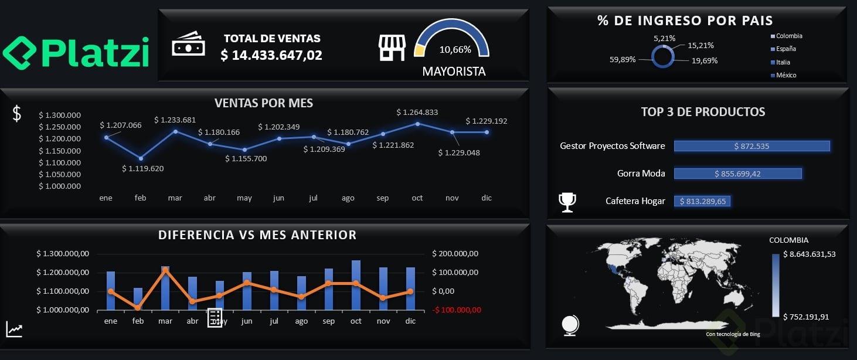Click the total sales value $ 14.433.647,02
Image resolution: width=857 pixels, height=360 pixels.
coord(271,55)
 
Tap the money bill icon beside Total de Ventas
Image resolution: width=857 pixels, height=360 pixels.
coord(188,45)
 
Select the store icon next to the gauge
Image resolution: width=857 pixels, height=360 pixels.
coord(392,47)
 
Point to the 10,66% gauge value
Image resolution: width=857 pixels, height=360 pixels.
coord(455,50)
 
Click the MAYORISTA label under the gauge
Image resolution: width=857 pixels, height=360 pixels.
coord(454,72)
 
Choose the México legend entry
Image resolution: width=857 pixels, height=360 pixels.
coord(786,75)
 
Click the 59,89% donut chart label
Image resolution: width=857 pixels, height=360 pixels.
coord(623,59)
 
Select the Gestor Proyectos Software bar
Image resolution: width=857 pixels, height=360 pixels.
coord(751,146)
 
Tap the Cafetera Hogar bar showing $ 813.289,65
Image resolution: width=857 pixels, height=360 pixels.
coord(702,201)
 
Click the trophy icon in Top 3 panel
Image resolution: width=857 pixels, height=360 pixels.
coord(567,202)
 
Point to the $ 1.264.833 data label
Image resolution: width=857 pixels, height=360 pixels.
coord(417,112)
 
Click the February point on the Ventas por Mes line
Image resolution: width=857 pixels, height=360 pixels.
coord(141,158)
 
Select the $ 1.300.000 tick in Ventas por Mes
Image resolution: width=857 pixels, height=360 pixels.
coord(60,115)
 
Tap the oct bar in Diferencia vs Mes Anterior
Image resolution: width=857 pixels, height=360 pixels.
coord(356,285)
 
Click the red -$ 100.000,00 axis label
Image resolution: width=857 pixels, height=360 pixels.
coord(457,310)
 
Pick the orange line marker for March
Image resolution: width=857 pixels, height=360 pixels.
coord(165,270)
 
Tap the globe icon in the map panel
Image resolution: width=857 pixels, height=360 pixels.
coord(570,324)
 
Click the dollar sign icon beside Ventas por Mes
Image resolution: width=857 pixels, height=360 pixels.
coord(17,114)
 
